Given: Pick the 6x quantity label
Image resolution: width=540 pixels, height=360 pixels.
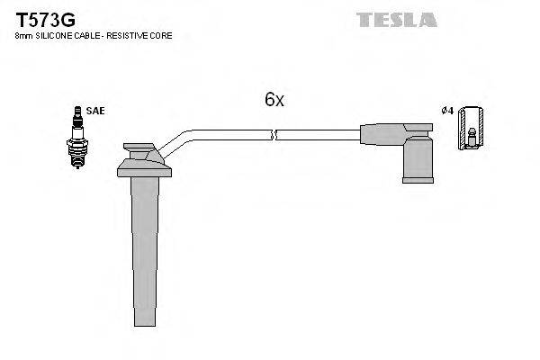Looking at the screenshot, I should pos(274,101).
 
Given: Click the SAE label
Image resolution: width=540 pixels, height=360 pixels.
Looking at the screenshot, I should pos(96,111).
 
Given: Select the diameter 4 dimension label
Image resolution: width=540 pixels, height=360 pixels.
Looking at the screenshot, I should pos(447,111).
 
